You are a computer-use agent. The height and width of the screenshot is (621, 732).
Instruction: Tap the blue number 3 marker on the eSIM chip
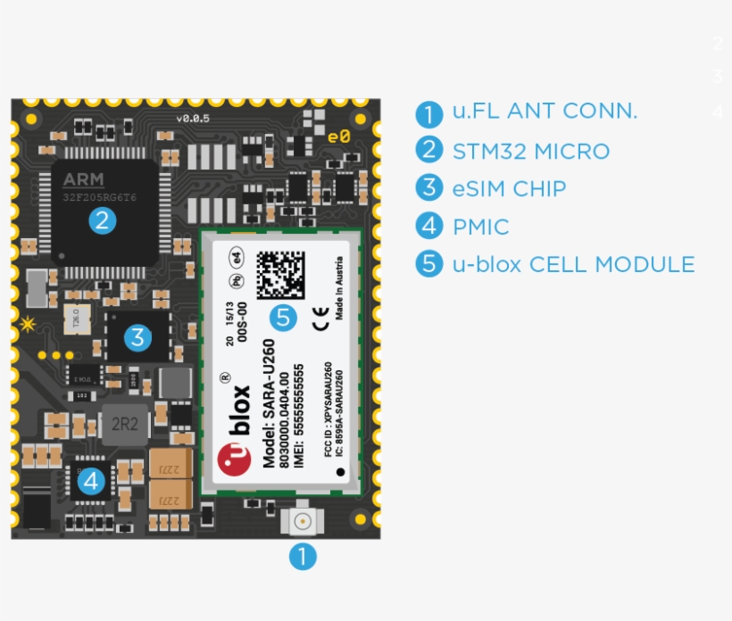click(137, 337)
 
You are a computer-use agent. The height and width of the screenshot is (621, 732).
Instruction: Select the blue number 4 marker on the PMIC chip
click(92, 482)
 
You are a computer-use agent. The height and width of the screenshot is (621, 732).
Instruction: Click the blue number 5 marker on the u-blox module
click(284, 317)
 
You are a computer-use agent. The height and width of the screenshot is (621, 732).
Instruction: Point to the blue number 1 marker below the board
click(302, 557)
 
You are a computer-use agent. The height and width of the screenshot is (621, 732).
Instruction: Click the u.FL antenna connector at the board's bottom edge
click(302, 521)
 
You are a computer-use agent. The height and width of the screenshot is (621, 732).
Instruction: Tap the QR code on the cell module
click(279, 275)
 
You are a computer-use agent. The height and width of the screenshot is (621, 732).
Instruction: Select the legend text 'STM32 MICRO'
click(530, 152)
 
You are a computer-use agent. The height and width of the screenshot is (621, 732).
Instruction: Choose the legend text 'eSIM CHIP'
click(509, 189)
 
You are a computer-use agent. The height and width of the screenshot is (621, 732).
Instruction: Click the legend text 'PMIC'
click(480, 228)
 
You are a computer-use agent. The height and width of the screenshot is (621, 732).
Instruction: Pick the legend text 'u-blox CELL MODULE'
click(573, 265)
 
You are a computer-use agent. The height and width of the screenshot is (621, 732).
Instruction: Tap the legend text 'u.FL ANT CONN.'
click(545, 112)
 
